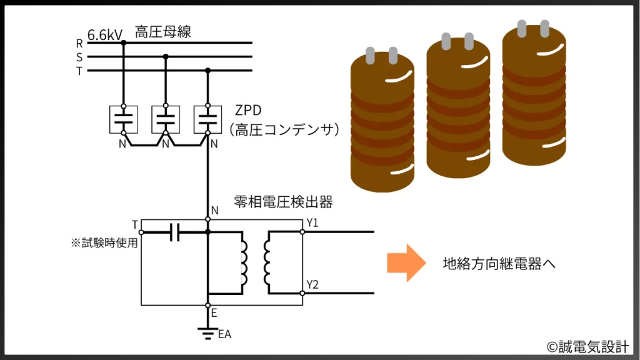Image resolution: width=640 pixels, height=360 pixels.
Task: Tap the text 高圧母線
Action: (x=162, y=32)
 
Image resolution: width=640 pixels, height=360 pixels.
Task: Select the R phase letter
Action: (x=79, y=43)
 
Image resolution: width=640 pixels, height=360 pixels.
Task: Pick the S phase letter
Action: (x=79, y=57)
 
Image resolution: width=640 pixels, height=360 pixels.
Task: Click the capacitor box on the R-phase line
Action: (x=123, y=119)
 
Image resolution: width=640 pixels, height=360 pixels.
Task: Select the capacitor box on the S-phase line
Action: (x=166, y=119)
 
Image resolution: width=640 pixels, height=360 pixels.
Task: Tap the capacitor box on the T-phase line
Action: (x=208, y=119)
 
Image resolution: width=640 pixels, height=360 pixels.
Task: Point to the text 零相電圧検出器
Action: (x=283, y=202)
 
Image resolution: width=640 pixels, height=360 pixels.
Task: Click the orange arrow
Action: (x=405, y=262)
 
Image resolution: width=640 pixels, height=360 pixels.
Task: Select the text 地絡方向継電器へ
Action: (x=499, y=264)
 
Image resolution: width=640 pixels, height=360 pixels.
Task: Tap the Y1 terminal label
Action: (x=313, y=223)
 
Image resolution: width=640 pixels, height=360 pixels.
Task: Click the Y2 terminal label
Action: (x=313, y=285)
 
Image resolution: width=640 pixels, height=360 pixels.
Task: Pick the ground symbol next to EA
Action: (x=207, y=332)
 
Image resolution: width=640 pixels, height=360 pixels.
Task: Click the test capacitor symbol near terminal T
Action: (x=174, y=232)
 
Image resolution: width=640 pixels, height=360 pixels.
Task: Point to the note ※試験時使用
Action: (x=104, y=242)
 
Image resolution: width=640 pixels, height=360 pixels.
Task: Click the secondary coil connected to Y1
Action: (x=267, y=262)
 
